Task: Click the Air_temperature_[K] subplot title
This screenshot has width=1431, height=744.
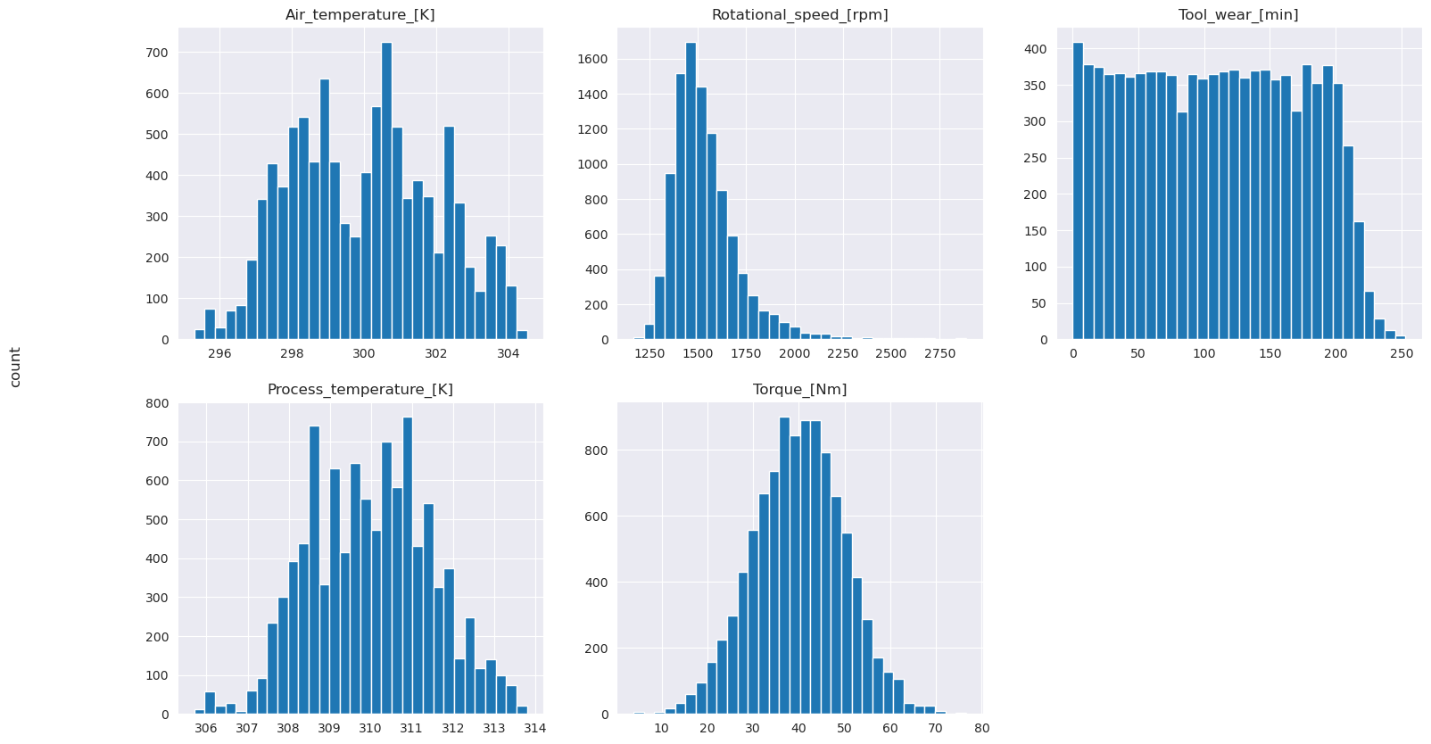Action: [360, 15]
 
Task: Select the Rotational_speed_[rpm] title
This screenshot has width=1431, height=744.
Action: [799, 15]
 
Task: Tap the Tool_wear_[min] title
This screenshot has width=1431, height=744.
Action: [1237, 15]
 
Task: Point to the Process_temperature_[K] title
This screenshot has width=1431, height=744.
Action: [360, 390]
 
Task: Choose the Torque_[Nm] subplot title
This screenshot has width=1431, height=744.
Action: [799, 390]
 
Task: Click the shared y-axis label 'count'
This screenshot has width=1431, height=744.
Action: [15, 367]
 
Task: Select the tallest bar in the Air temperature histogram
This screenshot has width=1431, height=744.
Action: [386, 191]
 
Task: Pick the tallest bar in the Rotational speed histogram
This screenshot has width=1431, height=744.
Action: [691, 191]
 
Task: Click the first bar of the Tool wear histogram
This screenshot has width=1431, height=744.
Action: [1078, 191]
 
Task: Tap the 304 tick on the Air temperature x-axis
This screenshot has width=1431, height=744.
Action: [508, 353]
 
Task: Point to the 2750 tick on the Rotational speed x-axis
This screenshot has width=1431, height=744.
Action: [939, 353]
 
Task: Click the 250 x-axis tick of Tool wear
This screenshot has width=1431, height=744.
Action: [1402, 353]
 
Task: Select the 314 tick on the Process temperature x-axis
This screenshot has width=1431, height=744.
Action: [534, 728]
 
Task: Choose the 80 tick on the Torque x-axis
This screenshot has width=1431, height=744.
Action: [981, 728]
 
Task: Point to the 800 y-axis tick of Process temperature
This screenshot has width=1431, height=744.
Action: [157, 403]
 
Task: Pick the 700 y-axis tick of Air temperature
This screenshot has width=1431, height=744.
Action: [157, 54]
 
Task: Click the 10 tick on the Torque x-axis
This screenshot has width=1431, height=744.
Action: [661, 728]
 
